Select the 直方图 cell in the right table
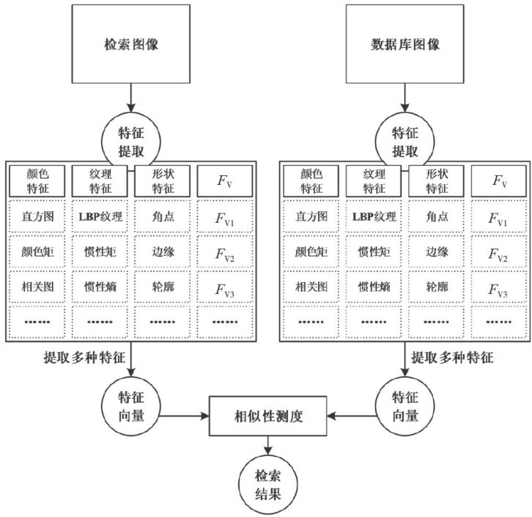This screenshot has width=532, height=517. coord(311,217)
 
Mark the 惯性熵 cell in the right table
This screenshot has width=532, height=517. coord(374,287)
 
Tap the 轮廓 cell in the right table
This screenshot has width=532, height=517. coord(436,287)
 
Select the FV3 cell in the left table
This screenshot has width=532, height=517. coord(225,287)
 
